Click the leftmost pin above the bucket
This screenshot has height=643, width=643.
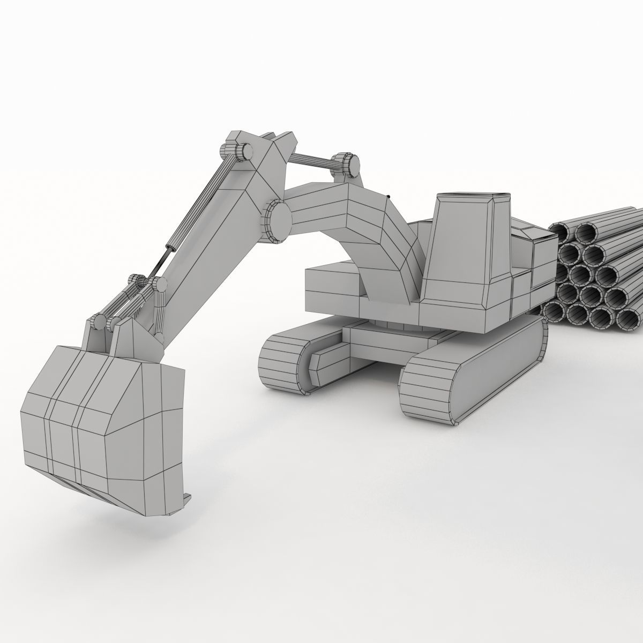(99, 322)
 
